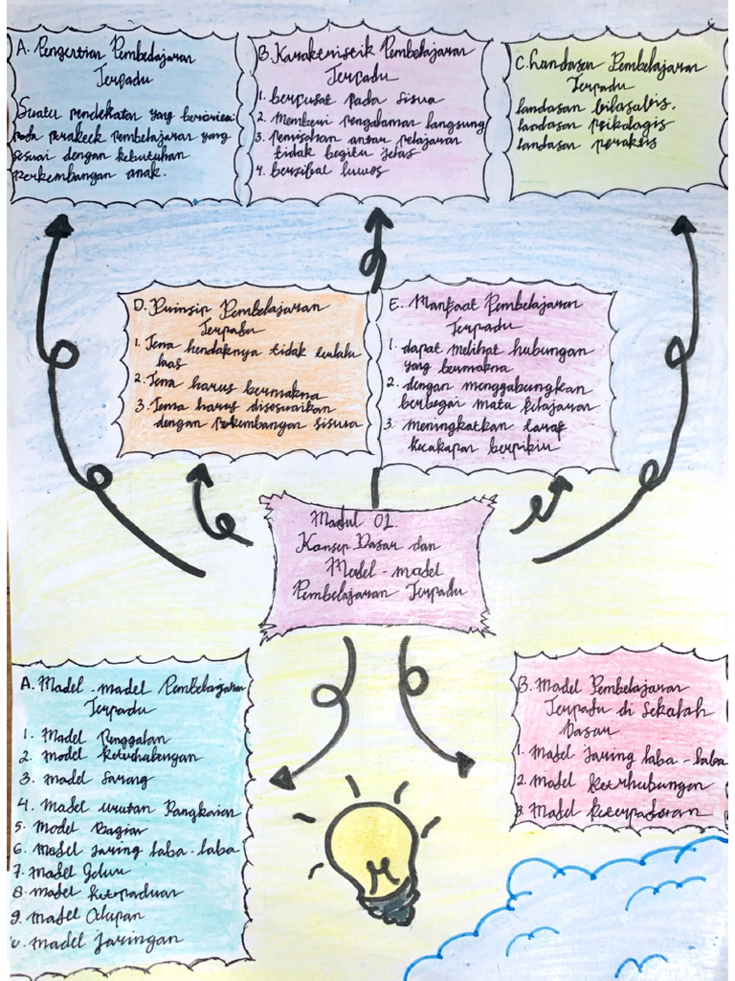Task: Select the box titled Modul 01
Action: click(377, 564)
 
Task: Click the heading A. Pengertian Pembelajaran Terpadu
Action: click(124, 59)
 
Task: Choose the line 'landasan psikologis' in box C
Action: click(593, 125)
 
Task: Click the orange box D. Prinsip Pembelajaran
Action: click(244, 374)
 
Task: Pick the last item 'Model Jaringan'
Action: click(105, 940)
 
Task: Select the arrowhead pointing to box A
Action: click(59, 226)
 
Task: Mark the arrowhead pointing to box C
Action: click(683, 225)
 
